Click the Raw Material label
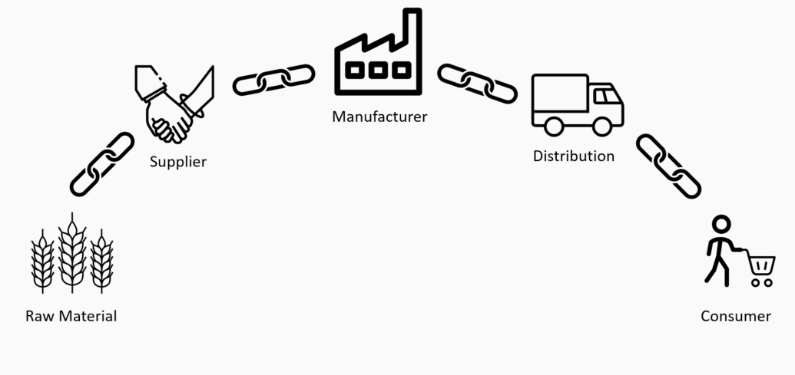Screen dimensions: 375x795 tap(71, 316)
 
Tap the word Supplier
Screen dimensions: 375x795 tap(178, 162)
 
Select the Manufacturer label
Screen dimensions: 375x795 tap(379, 117)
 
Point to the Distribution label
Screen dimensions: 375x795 tap(574, 156)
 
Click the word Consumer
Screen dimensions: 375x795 tap(736, 316)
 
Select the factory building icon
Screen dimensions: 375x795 tap(379, 58)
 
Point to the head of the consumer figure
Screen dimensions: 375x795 tap(720, 225)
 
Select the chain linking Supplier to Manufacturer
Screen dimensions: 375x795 tap(273, 80)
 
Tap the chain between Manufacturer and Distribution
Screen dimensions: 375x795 tap(477, 83)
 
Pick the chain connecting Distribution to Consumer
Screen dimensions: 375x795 tap(668, 166)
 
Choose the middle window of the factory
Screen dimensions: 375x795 tap(379, 70)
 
